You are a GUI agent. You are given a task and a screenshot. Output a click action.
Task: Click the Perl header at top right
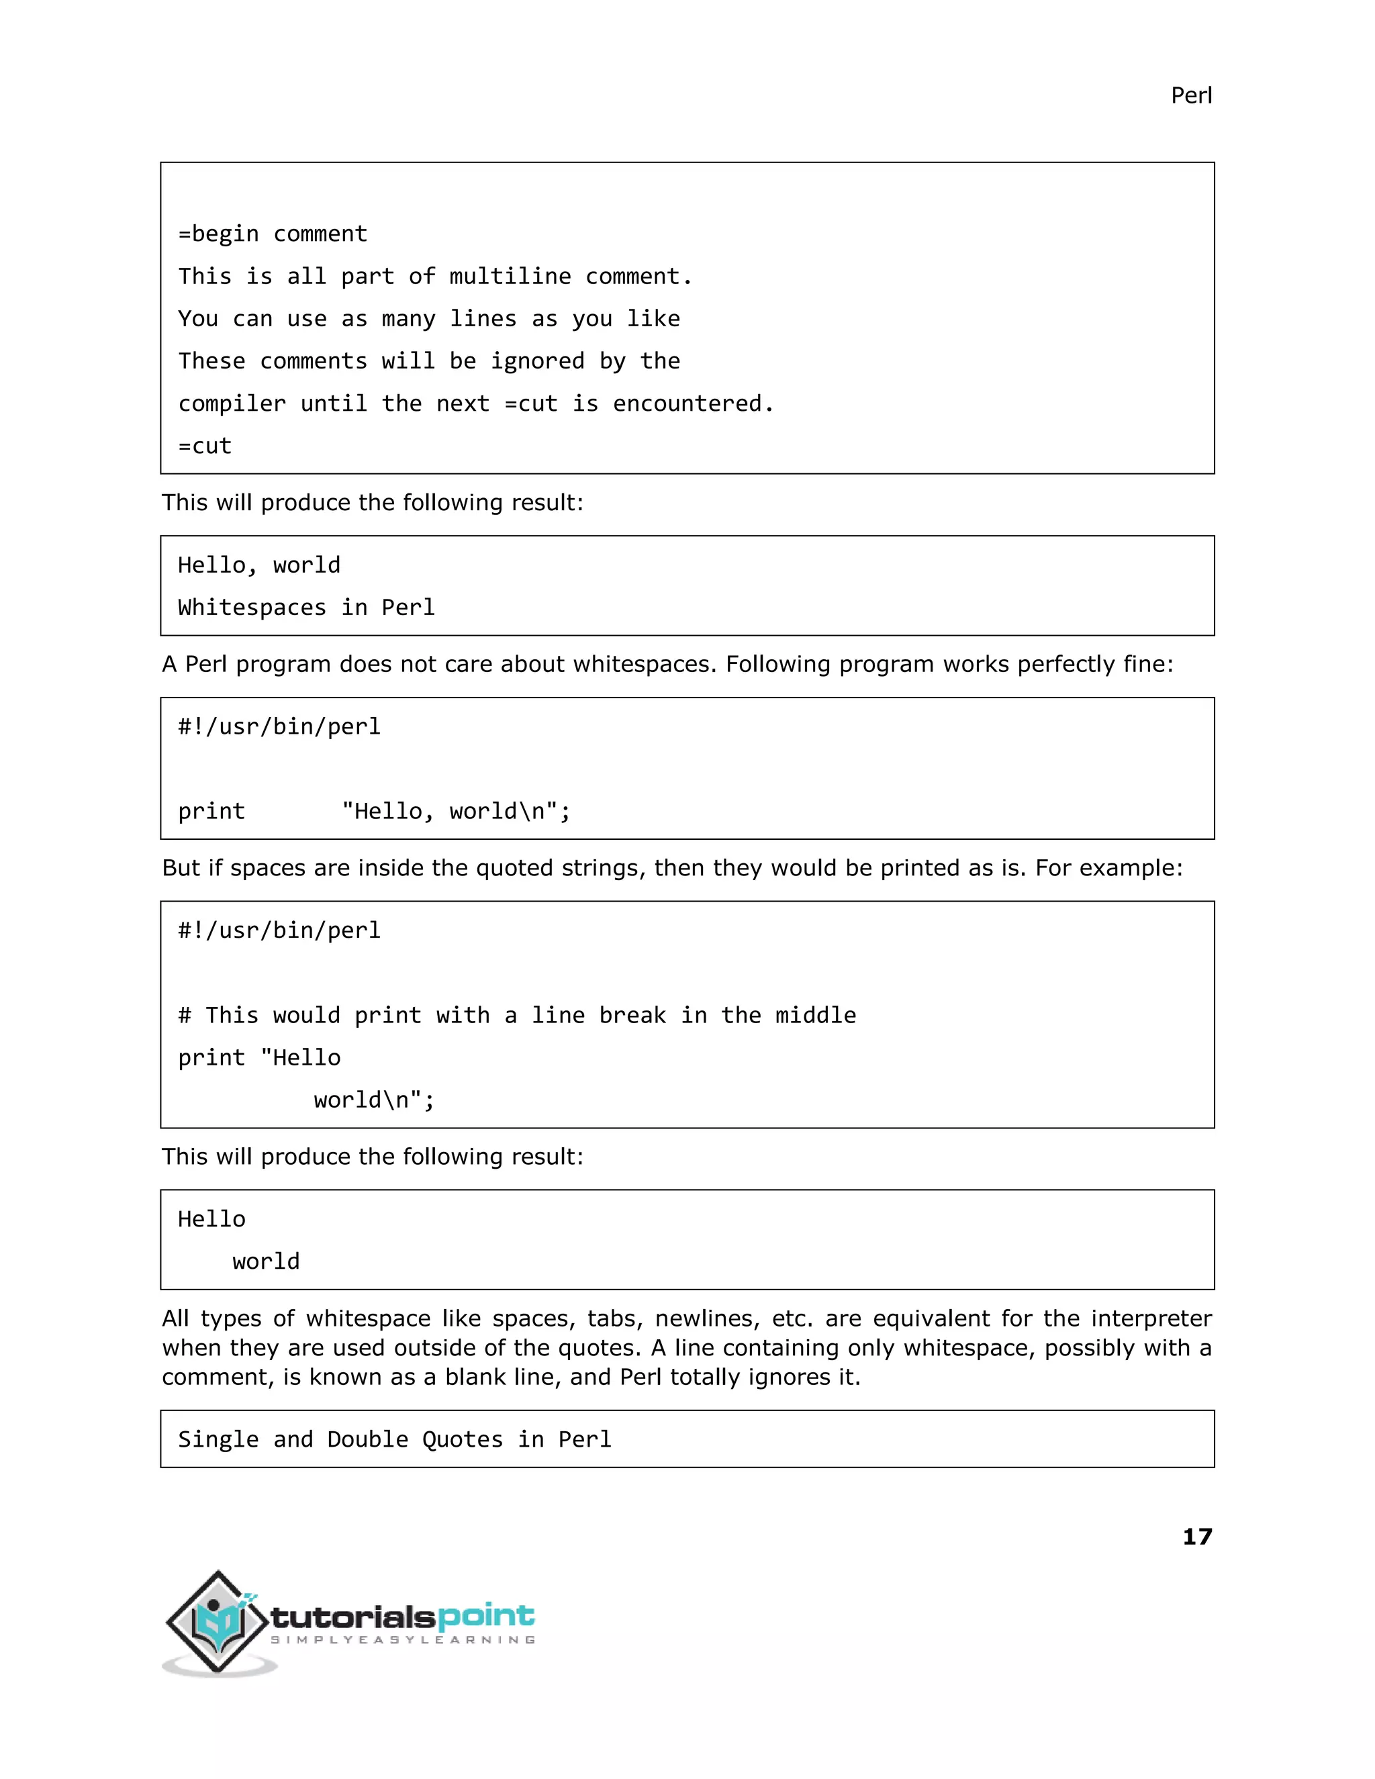click(x=1191, y=96)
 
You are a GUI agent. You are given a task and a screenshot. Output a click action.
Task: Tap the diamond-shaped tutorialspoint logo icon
click(x=218, y=1621)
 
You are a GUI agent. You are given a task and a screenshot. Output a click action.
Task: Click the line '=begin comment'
click(x=273, y=234)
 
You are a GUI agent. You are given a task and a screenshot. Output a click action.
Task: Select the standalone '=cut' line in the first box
click(x=205, y=446)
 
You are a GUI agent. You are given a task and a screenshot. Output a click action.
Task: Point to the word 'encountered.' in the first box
click(x=692, y=404)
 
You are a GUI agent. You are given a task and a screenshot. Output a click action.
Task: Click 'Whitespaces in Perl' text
click(x=306, y=608)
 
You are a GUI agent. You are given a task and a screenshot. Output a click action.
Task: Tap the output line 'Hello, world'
click(x=259, y=565)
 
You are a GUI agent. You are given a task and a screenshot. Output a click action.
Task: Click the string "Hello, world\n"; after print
click(x=456, y=812)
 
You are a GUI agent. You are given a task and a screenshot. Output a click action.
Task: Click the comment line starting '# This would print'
click(x=516, y=1016)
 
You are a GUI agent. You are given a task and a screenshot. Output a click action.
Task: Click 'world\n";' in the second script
click(x=374, y=1100)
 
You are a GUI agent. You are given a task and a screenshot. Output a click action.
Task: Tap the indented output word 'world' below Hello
click(x=266, y=1262)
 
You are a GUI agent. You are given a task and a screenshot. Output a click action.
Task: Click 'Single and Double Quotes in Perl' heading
click(x=394, y=1439)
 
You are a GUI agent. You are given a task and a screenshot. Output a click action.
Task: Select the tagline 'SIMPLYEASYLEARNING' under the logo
click(x=402, y=1640)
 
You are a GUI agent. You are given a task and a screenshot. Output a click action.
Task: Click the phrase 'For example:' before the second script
click(x=1108, y=868)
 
